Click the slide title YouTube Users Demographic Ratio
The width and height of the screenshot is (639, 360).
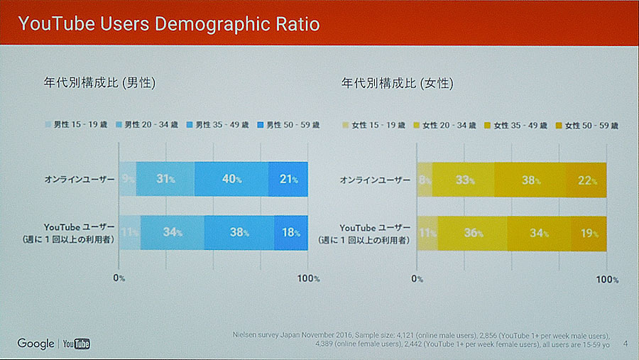coord(169,24)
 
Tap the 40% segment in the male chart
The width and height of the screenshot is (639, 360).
coord(231,179)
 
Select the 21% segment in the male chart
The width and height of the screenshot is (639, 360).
coord(288,179)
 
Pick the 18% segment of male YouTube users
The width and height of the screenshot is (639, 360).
coord(291,232)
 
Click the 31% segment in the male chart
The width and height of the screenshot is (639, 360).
coord(165,179)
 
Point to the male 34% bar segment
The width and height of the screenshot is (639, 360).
coord(173,232)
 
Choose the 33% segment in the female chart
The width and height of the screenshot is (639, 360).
coord(464,179)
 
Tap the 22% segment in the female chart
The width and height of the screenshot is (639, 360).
coord(586,179)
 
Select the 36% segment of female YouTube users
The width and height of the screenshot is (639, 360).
coord(473,232)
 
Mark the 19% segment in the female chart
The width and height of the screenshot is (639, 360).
coord(589,232)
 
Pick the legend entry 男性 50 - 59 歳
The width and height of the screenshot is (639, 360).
coord(288,125)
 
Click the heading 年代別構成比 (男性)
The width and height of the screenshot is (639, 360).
coord(100,83)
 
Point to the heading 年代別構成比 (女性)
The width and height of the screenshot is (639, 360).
coord(398,83)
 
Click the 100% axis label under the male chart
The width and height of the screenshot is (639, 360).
coord(307,278)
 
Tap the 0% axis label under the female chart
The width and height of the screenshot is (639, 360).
coord(417,278)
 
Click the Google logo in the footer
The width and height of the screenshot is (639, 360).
coord(36,344)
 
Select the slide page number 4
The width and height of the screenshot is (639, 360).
coord(625,344)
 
